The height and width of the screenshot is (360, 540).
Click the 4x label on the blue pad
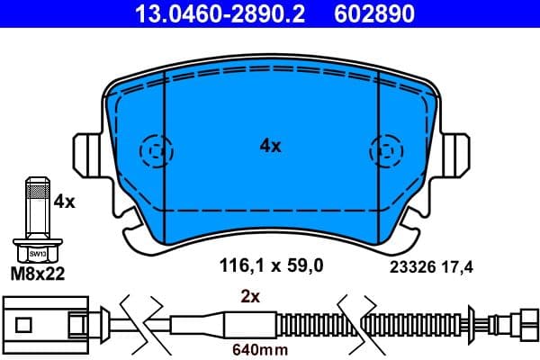pyautogui.click(x=269, y=145)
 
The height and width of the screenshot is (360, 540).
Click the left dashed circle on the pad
pyautogui.click(x=155, y=149)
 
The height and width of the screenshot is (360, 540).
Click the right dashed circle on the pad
pyautogui.click(x=386, y=149)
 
